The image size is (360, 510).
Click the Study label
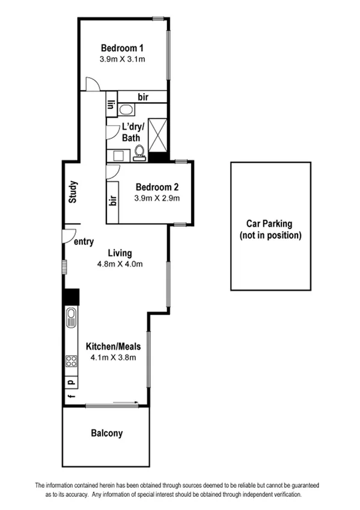tap(72, 192)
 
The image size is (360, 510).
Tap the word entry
tap(84, 242)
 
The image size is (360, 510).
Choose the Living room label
tap(120, 253)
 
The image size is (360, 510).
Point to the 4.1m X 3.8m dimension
tap(113, 357)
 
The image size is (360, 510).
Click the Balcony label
tap(106, 432)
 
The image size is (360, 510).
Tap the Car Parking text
tap(270, 224)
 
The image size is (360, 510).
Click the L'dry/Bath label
tap(132, 132)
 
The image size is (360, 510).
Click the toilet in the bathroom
tap(139, 153)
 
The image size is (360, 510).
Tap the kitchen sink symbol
tap(72, 317)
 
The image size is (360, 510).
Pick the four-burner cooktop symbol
tap(72, 361)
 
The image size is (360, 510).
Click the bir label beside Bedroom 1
tap(143, 97)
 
